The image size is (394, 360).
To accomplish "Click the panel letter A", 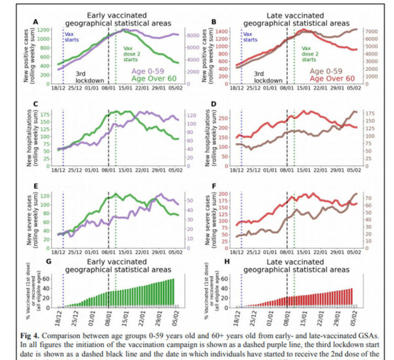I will point(36,22).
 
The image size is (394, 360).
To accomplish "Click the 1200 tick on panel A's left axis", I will point(44,30).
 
